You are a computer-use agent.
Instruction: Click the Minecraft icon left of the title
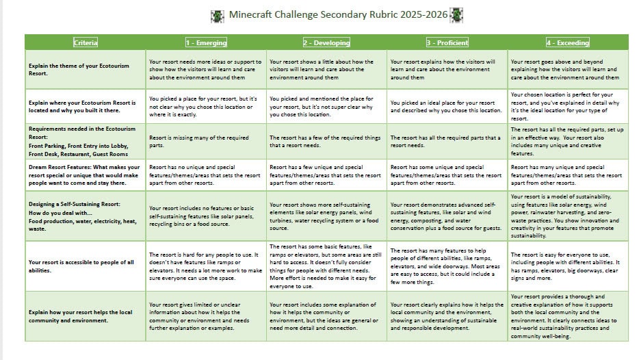pyautogui.click(x=218, y=15)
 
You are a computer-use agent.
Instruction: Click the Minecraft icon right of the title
pyautogui.click(x=456, y=15)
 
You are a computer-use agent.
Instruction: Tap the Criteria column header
pyautogui.click(x=86, y=42)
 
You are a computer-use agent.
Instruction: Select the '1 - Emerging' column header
pyautogui.click(x=207, y=42)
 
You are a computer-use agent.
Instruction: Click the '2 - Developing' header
pyautogui.click(x=326, y=42)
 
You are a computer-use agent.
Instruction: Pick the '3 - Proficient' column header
pyautogui.click(x=447, y=42)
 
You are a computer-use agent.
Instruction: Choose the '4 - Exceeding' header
pyautogui.click(x=568, y=42)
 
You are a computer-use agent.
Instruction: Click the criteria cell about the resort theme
pyautogui.click(x=86, y=70)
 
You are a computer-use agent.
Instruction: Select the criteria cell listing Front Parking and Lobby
pyautogui.click(x=86, y=141)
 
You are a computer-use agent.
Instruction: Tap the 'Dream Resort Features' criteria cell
pyautogui.click(x=86, y=175)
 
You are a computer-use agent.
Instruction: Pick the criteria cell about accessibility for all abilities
pyautogui.click(x=86, y=265)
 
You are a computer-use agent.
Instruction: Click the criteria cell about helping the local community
pyautogui.click(x=86, y=316)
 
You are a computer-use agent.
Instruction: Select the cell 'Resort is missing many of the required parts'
pyautogui.click(x=207, y=141)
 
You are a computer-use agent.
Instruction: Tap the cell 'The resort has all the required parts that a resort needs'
pyautogui.click(x=447, y=141)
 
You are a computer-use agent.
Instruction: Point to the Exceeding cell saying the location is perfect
pyautogui.click(x=568, y=107)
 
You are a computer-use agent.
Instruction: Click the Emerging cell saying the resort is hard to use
pyautogui.click(x=207, y=265)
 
